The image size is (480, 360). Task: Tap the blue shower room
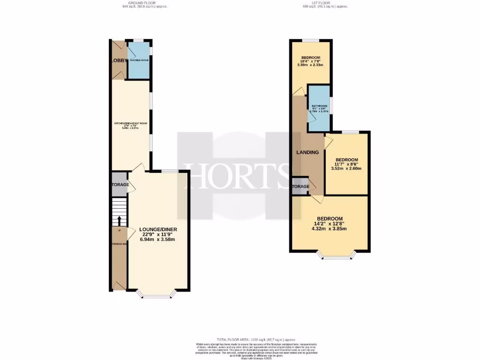(x=139, y=61)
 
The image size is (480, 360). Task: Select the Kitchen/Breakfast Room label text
(x=131, y=123)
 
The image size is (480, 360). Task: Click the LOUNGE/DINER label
(x=157, y=229)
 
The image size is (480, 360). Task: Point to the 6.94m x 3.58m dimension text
(x=157, y=240)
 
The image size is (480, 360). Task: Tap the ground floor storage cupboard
(x=120, y=185)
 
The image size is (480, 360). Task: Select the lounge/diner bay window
(x=157, y=295)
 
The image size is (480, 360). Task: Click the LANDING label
(x=307, y=152)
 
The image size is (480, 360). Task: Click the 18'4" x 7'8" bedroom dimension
(x=311, y=61)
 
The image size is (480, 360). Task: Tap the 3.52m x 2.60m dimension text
(x=347, y=169)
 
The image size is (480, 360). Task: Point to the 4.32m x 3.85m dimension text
(x=330, y=229)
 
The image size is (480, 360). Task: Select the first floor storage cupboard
(x=300, y=187)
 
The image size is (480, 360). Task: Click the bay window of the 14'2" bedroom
(x=336, y=256)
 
